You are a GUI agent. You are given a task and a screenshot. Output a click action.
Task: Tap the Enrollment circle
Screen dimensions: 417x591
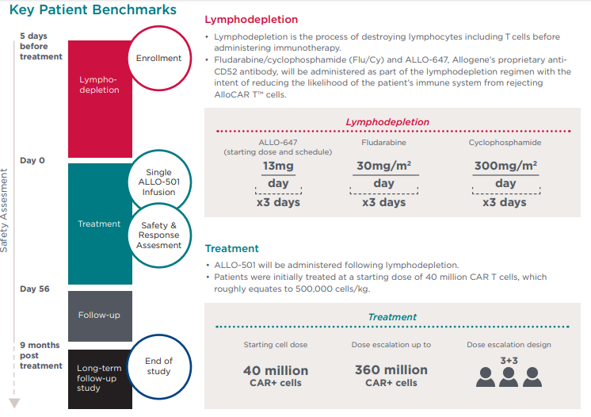click(158, 58)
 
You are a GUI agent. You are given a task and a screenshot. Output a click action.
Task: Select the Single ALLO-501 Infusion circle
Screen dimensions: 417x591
click(158, 182)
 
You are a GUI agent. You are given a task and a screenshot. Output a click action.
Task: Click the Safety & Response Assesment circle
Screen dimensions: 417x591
click(159, 235)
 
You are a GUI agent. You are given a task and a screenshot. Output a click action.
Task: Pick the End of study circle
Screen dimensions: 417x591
click(158, 366)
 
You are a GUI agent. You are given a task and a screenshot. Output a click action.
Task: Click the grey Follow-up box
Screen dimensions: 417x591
click(99, 315)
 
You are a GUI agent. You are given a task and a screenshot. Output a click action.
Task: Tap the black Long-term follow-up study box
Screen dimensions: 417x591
click(99, 378)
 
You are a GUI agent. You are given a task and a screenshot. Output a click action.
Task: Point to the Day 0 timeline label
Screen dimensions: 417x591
click(32, 161)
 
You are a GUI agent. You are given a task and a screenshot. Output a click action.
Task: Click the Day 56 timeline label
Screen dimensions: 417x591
click(35, 289)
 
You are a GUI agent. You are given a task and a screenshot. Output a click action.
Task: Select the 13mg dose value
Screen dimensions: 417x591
click(278, 166)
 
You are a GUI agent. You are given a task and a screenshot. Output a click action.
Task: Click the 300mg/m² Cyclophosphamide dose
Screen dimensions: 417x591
click(505, 166)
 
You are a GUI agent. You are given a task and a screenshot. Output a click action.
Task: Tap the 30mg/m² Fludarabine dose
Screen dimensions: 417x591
click(383, 166)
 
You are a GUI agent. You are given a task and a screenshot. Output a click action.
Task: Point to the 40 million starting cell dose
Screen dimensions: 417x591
click(276, 370)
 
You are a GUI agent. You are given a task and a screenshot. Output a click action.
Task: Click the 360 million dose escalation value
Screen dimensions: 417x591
click(391, 370)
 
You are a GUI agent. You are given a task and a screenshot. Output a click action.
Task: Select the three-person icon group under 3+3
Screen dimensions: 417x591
click(509, 376)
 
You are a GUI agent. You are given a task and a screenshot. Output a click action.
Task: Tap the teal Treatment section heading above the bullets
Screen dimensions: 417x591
click(231, 248)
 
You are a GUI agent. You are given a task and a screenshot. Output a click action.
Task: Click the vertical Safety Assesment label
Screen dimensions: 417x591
click(5, 210)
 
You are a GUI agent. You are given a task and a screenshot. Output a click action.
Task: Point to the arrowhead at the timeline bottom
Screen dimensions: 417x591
click(13, 402)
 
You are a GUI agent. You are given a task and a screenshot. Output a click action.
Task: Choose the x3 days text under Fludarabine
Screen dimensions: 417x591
click(383, 202)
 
